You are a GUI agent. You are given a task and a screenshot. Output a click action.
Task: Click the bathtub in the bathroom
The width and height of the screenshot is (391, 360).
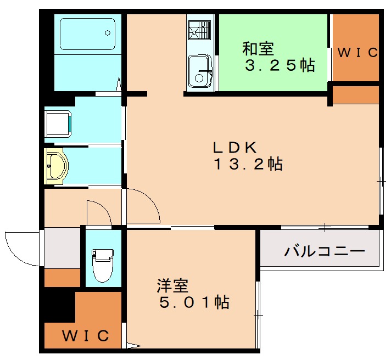click(87, 36)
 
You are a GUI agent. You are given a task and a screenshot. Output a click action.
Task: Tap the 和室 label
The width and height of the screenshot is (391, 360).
click(258, 48)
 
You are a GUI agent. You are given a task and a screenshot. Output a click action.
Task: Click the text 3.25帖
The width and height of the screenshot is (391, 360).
click(280, 66)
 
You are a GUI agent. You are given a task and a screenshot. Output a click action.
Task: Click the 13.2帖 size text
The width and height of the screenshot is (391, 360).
click(247, 164)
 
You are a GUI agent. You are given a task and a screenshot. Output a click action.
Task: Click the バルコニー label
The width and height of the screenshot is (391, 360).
click(325, 251)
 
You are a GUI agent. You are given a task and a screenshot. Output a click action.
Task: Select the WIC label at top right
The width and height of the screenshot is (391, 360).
click(357, 53)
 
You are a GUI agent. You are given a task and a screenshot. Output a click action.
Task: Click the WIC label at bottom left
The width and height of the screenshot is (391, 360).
click(85, 335)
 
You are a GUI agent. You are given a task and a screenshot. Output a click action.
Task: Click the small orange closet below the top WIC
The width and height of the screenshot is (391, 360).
click(356, 94)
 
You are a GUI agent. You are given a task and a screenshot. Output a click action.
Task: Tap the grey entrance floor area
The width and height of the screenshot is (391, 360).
click(62, 248)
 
